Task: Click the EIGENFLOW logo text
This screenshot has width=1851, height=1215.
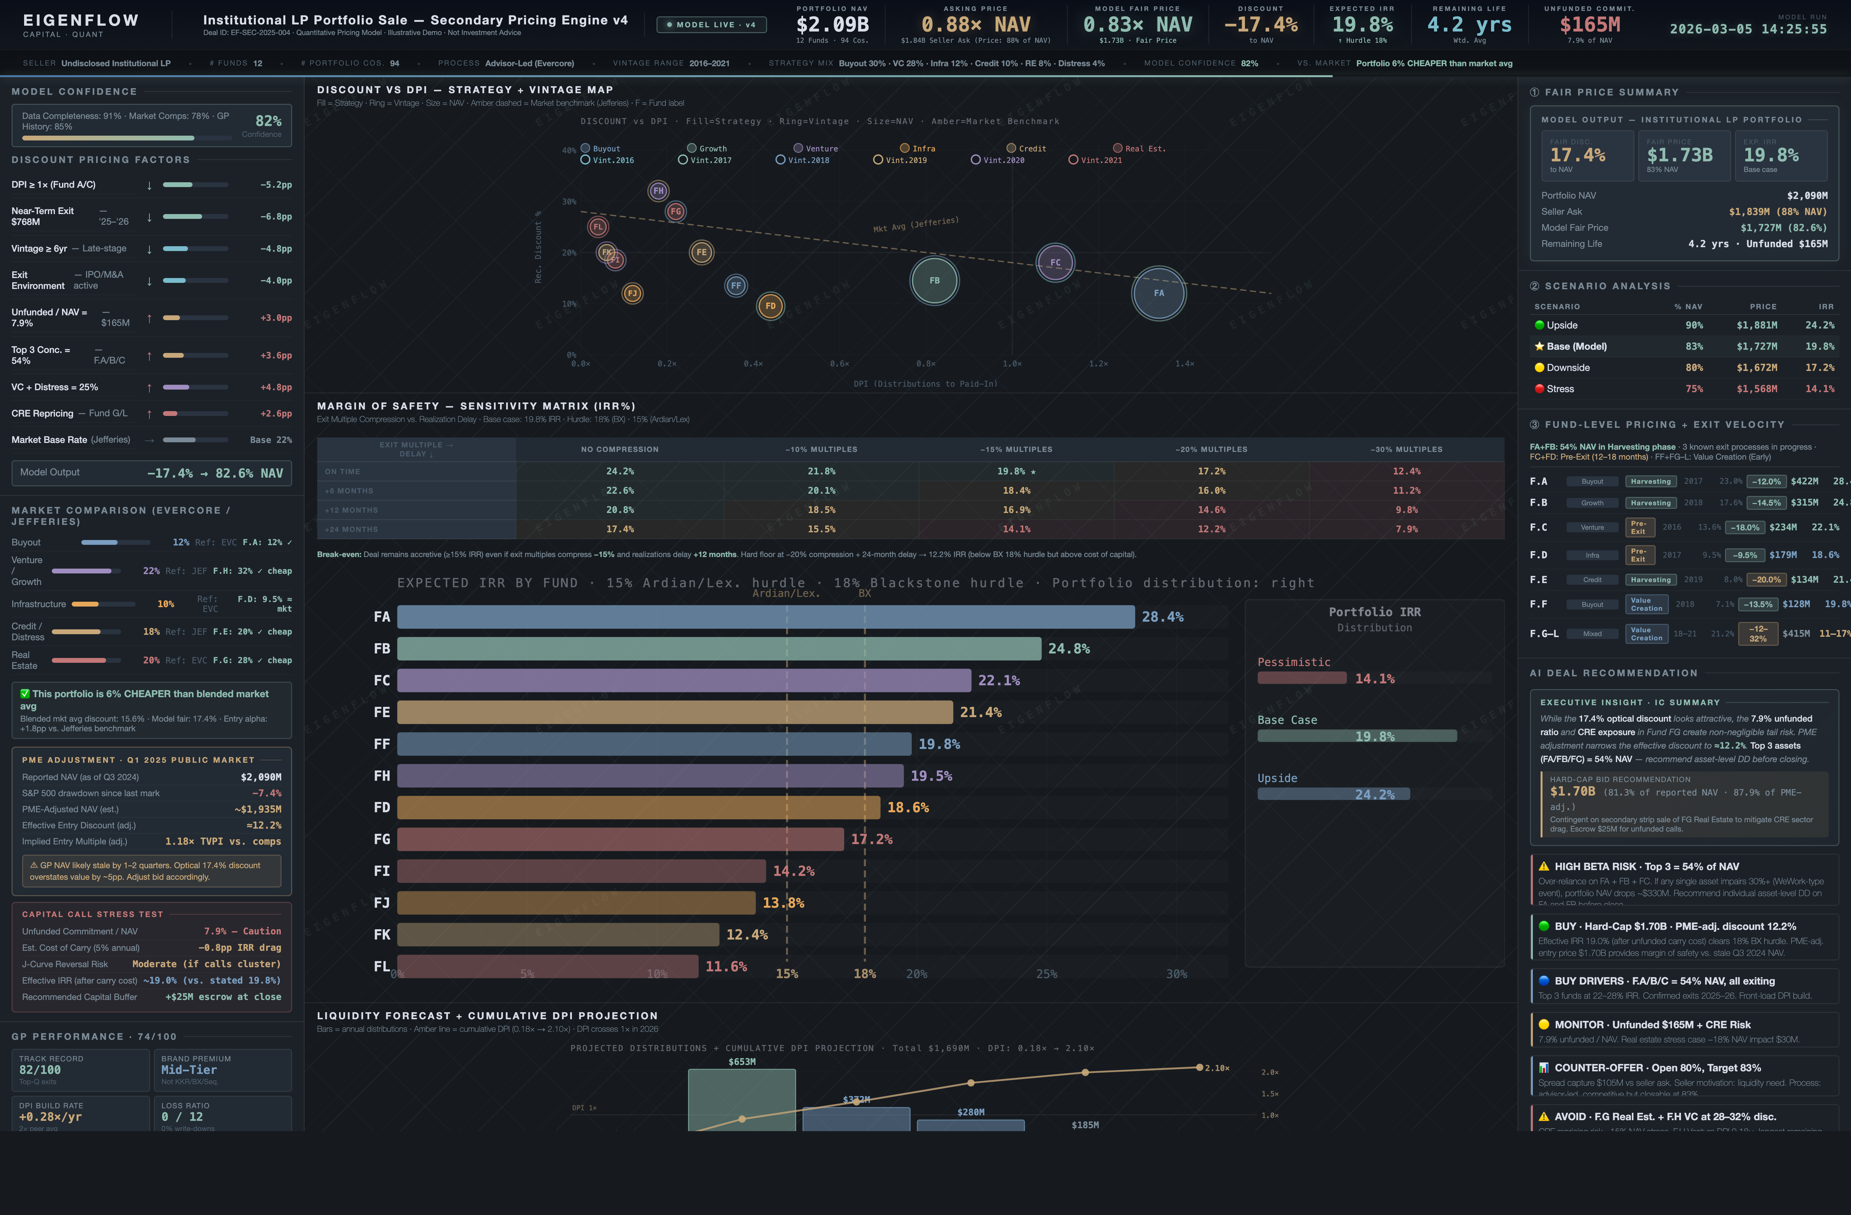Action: [x=81, y=20]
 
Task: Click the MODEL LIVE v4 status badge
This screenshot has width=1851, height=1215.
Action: [x=711, y=25]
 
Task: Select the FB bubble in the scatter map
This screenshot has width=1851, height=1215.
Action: [x=934, y=281]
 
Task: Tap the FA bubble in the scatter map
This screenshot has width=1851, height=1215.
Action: [x=1158, y=293]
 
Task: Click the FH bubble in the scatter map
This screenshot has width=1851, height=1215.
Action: [x=658, y=191]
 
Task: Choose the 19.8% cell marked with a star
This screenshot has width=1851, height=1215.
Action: [x=1015, y=472]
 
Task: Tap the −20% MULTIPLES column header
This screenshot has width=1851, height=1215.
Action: [x=1211, y=450]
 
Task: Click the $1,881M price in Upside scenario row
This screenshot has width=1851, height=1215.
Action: [x=1756, y=325]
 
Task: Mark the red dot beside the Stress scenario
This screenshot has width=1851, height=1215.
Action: [x=1538, y=389]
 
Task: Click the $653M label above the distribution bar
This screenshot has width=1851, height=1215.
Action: [x=741, y=1062]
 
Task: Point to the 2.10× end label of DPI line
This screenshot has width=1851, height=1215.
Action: [x=1216, y=1068]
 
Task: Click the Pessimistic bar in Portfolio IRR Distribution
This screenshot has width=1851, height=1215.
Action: [x=1301, y=678]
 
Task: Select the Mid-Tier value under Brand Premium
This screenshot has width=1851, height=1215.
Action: [x=189, y=1069]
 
